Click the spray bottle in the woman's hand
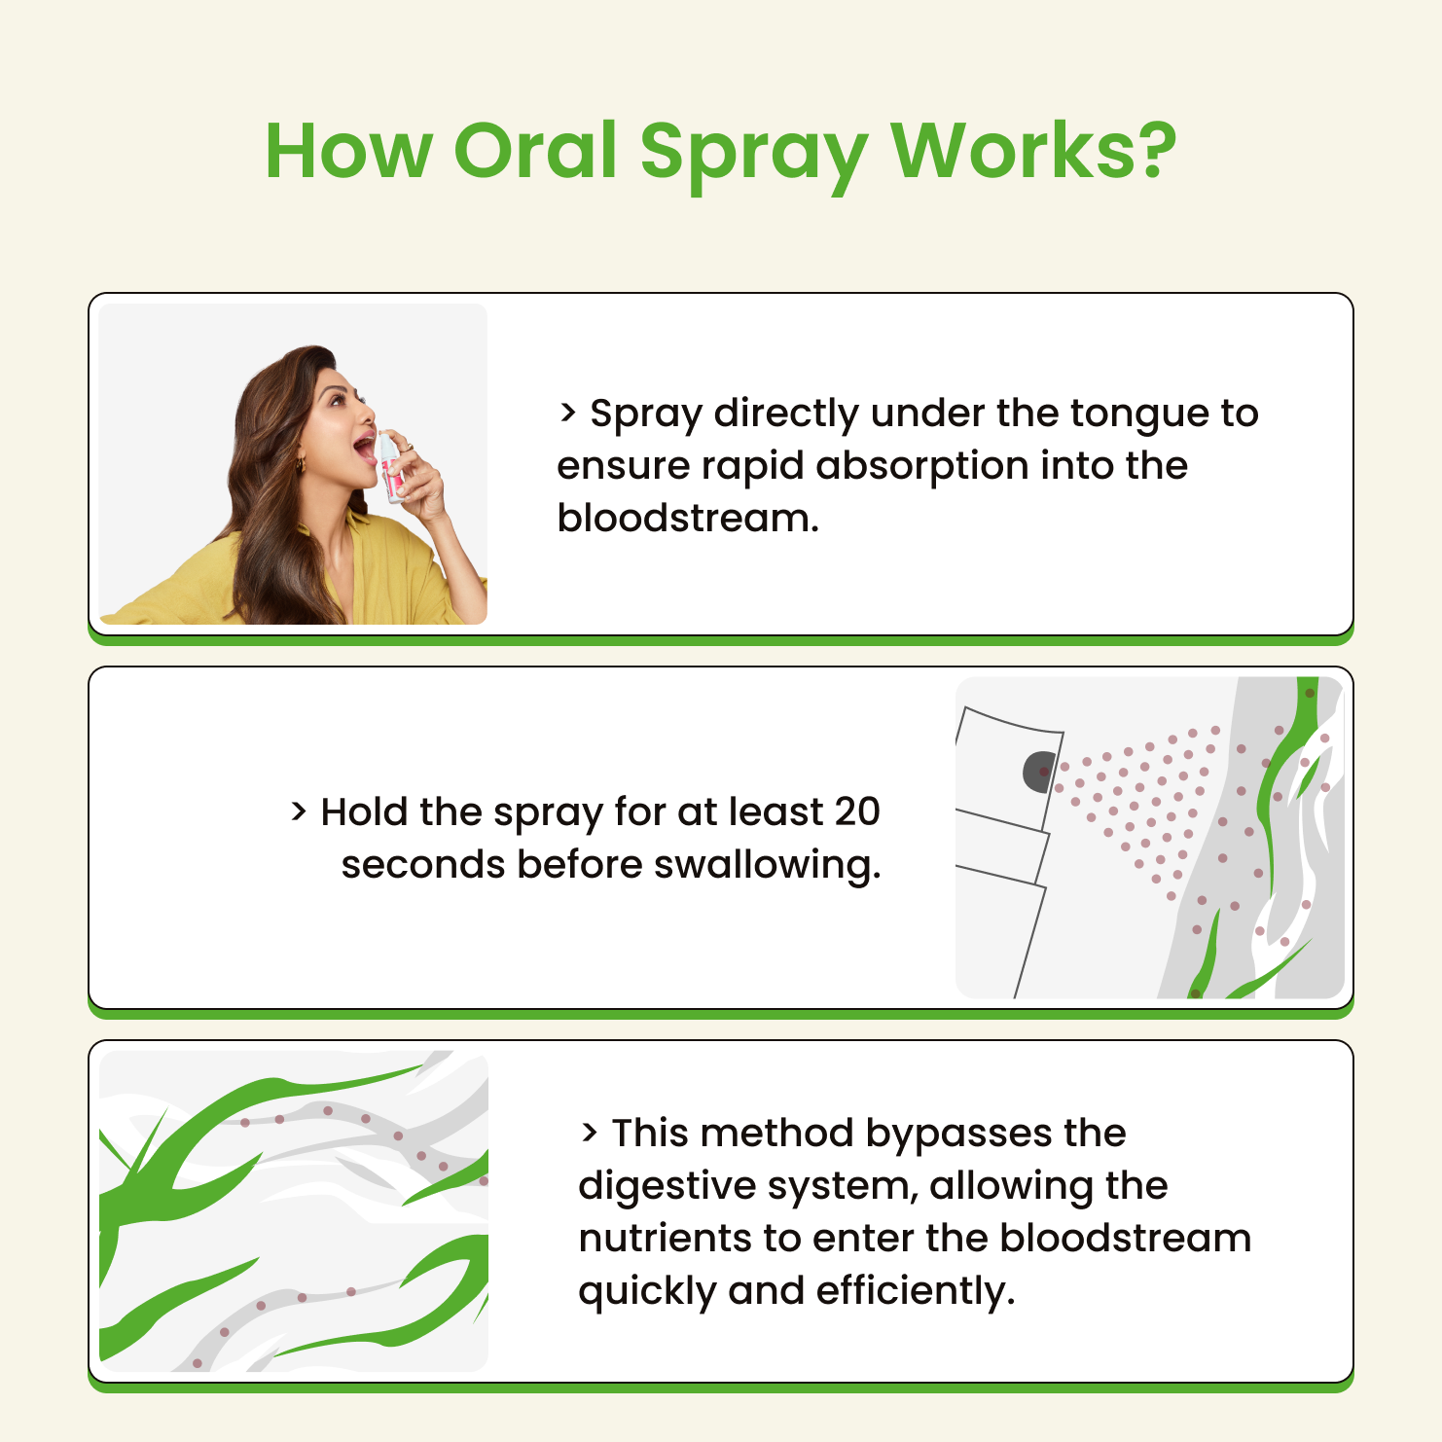click(391, 467)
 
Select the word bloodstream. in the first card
click(688, 518)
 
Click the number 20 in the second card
click(857, 811)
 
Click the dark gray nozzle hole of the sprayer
click(1039, 772)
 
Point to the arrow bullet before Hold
click(299, 811)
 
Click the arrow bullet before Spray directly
click(568, 413)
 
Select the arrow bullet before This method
click(590, 1133)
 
